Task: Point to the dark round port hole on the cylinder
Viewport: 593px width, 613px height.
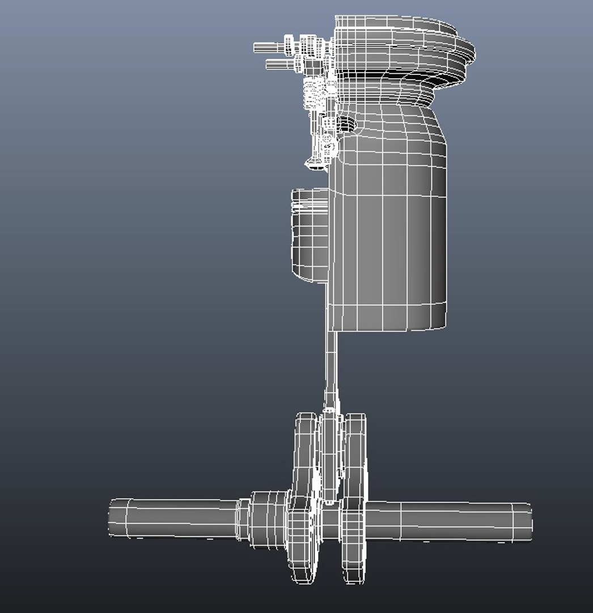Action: pyautogui.click(x=344, y=123)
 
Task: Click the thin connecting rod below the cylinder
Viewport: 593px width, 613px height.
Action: pyautogui.click(x=331, y=369)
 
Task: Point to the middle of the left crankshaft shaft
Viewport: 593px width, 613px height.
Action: pyautogui.click(x=181, y=518)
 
